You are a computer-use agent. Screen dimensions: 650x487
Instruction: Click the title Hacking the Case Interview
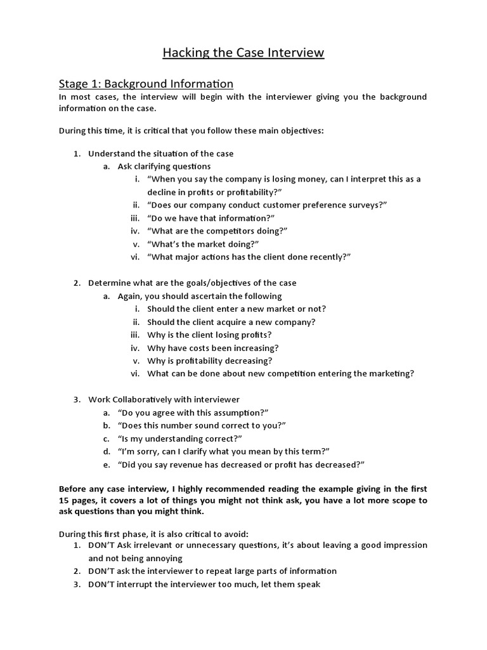[243, 53]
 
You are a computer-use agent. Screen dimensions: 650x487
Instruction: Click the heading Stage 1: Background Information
[146, 84]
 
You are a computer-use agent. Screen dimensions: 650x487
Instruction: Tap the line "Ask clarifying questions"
[164, 166]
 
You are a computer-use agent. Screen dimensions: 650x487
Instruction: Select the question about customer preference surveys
[266, 205]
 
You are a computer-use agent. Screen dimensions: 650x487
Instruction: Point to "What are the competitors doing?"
[217, 231]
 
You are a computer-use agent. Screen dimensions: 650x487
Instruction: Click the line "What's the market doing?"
[203, 244]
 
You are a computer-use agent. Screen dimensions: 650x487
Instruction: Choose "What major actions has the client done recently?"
[249, 257]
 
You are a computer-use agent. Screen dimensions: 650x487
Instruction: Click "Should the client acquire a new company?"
[231, 322]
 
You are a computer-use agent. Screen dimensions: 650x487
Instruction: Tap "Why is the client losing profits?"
[209, 335]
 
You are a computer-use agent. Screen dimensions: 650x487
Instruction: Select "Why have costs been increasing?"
[212, 348]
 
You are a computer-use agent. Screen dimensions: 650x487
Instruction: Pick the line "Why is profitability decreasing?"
[210, 361]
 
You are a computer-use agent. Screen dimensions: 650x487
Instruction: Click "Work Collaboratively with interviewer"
[164, 400]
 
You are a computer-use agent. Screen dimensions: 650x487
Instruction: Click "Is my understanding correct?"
[180, 439]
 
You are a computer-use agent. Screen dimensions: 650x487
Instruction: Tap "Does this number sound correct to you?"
[202, 425]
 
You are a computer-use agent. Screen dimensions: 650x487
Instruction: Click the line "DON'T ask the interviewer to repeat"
[212, 571]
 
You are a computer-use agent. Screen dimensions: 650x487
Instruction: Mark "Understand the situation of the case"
[160, 154]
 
